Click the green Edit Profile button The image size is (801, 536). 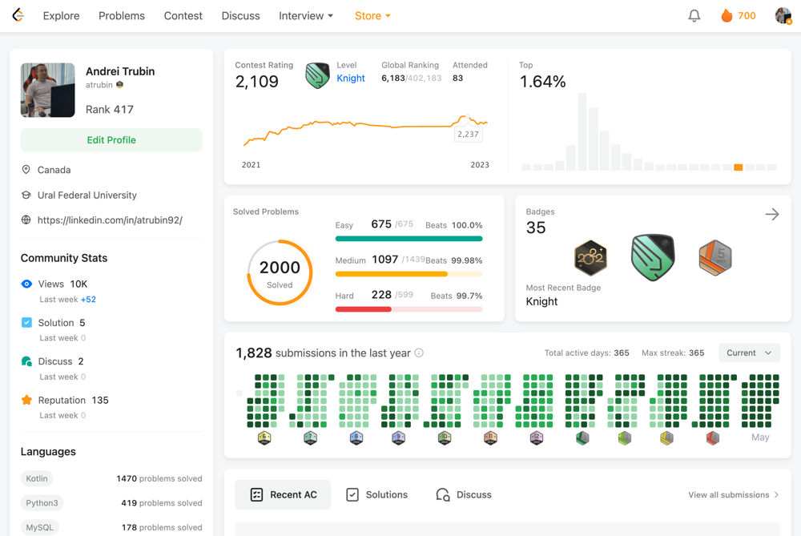[x=111, y=140]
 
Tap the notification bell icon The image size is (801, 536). [x=694, y=16]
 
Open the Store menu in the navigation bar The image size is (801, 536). [x=372, y=16]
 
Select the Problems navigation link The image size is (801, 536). [x=122, y=16]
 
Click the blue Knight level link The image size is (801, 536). [x=351, y=79]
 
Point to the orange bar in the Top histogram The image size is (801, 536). [x=739, y=167]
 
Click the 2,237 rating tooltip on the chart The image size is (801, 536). [x=468, y=134]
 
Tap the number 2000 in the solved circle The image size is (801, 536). [x=280, y=268]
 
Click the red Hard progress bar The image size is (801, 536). [x=363, y=309]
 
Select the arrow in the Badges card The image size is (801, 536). [x=772, y=214]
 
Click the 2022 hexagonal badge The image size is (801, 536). [x=590, y=258]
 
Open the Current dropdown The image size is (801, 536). [x=749, y=353]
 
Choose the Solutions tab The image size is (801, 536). [x=377, y=494]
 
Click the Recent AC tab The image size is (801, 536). [x=283, y=494]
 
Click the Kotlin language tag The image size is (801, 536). [x=37, y=478]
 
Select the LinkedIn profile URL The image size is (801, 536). [x=110, y=220]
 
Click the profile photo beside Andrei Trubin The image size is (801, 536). [x=47, y=90]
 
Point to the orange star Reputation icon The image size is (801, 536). [x=26, y=400]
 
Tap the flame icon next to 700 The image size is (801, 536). [x=726, y=16]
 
